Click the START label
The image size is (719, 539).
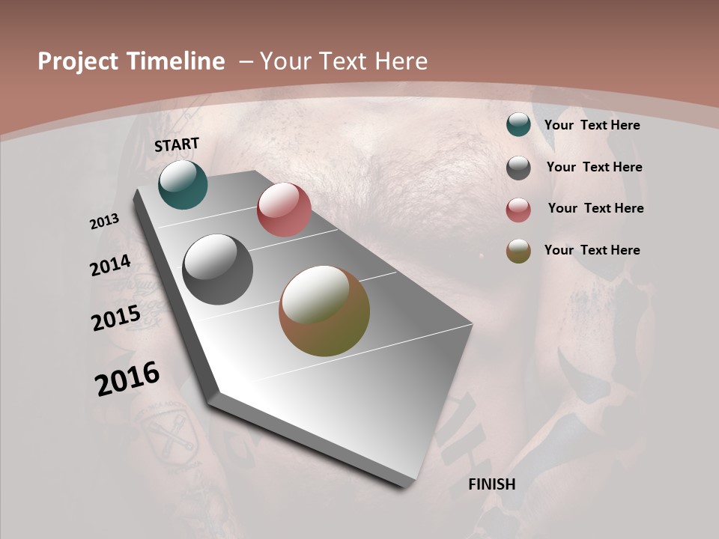[x=177, y=144]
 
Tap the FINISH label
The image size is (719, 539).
[x=492, y=484]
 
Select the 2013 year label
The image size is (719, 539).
[x=104, y=222]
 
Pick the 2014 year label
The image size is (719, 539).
[x=110, y=266]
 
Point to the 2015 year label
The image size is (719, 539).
[x=115, y=318]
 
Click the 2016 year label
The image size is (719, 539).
[x=127, y=379]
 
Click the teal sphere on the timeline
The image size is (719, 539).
[x=183, y=184]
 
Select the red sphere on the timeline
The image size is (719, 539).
[x=284, y=210]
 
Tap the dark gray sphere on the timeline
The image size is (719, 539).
[x=218, y=269]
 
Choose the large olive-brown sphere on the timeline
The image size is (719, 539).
[x=324, y=311]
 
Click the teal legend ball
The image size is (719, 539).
[x=518, y=125]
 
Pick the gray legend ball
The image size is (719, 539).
[x=518, y=168]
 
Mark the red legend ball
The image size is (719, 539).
[x=518, y=210]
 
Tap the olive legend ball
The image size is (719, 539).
[x=518, y=251]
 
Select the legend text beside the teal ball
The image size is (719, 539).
[x=592, y=125]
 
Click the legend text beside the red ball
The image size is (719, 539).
[x=595, y=208]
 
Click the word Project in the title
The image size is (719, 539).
[x=78, y=61]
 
